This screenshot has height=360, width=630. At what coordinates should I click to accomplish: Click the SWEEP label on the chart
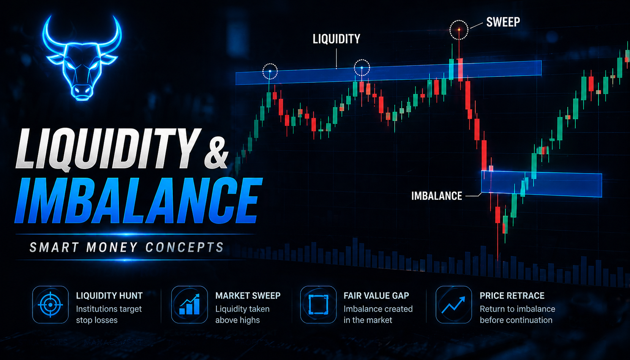click(x=503, y=22)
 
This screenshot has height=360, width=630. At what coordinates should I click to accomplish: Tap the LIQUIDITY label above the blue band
click(x=336, y=39)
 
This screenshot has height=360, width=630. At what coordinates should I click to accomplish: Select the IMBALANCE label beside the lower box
click(x=436, y=196)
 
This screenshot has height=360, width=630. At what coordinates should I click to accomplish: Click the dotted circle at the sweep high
click(x=459, y=30)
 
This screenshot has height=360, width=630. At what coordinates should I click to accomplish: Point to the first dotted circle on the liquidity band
click(x=270, y=71)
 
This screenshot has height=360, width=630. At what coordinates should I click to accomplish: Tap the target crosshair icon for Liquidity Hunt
click(x=50, y=305)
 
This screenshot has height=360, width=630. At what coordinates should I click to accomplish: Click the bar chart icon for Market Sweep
click(x=189, y=305)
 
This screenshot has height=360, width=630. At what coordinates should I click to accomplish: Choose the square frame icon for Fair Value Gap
click(x=318, y=305)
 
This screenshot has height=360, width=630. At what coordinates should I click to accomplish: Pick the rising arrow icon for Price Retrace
click(x=453, y=305)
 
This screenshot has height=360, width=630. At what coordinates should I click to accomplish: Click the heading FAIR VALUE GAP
click(x=376, y=295)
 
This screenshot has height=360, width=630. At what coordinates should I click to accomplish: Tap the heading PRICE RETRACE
click(x=512, y=295)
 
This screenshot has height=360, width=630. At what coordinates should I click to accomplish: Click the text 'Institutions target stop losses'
click(x=109, y=314)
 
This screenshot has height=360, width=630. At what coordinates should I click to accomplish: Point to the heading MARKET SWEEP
click(x=248, y=295)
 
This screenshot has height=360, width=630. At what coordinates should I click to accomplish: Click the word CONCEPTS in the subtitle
click(x=185, y=248)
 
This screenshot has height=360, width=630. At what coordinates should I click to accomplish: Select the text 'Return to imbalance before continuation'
click(x=517, y=314)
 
